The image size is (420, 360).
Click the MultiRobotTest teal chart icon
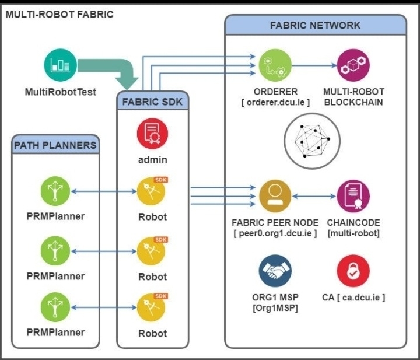point(61,65)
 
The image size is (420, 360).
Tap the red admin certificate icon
point(152,134)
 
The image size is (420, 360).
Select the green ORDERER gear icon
point(275,66)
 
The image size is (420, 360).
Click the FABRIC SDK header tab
point(152,101)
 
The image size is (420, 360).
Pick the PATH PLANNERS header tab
point(55,145)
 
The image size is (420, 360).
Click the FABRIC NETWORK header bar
point(315,25)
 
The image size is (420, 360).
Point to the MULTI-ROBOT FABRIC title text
point(59,13)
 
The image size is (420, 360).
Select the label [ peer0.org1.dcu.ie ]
point(275,233)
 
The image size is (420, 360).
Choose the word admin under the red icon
point(152,159)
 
